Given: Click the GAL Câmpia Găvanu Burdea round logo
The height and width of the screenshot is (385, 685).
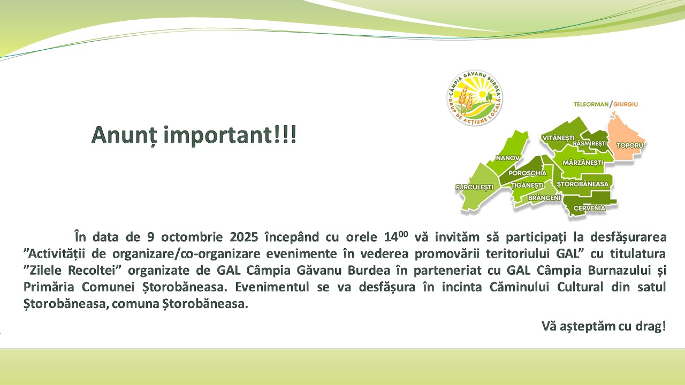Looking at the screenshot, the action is [475, 98].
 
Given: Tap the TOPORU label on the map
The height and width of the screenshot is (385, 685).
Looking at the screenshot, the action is [630, 145].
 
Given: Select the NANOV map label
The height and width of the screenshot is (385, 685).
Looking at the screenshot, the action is [508, 158].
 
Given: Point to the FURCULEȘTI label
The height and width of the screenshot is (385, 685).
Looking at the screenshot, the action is [474, 187].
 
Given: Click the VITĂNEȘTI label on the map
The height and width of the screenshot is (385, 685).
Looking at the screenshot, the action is [558, 138].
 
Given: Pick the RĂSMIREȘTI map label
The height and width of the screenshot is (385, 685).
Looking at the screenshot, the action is [590, 144].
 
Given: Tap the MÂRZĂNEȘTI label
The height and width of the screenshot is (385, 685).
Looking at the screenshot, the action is [583, 163].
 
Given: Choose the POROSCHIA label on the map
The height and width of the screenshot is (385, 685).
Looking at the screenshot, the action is [528, 173].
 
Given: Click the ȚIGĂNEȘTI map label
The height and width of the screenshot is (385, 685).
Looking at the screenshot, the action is [528, 186].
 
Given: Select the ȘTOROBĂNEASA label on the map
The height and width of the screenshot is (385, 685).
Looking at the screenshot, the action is [583, 184].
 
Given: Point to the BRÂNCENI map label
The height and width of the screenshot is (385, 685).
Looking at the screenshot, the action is [544, 198].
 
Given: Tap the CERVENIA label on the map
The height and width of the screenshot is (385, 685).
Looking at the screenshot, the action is [590, 209].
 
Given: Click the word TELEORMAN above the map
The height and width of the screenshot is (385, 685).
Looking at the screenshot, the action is [591, 104].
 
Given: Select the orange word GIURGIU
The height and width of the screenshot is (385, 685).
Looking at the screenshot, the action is [626, 104].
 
